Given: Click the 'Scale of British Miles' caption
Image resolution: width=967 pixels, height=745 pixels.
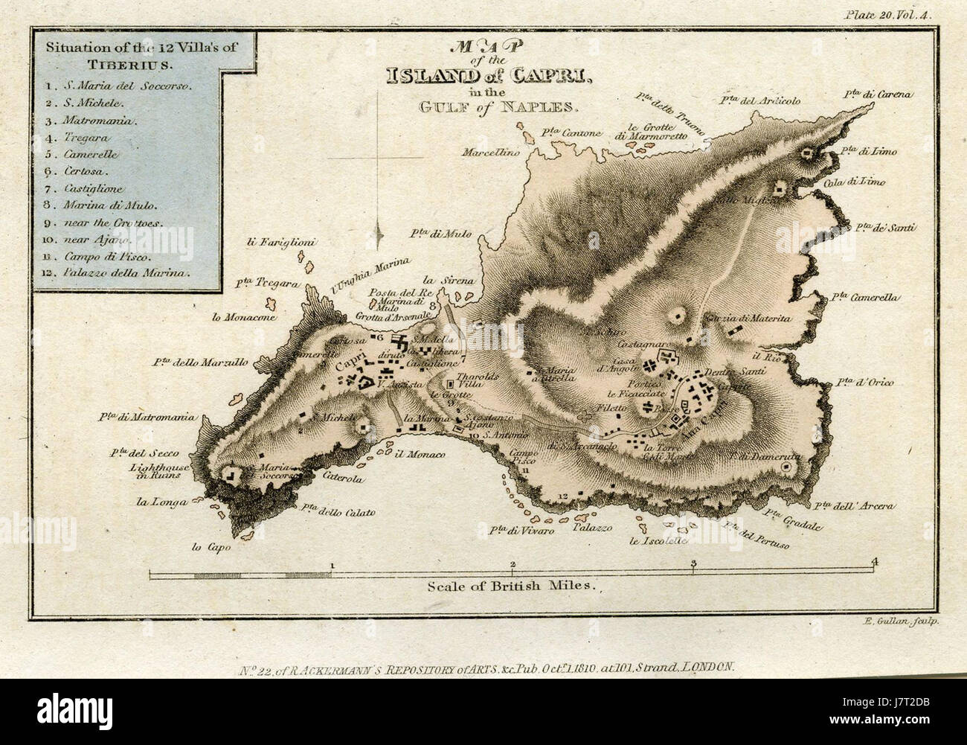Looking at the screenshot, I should point(513,585).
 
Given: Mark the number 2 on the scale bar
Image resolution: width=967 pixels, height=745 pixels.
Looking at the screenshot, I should point(513,563).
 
